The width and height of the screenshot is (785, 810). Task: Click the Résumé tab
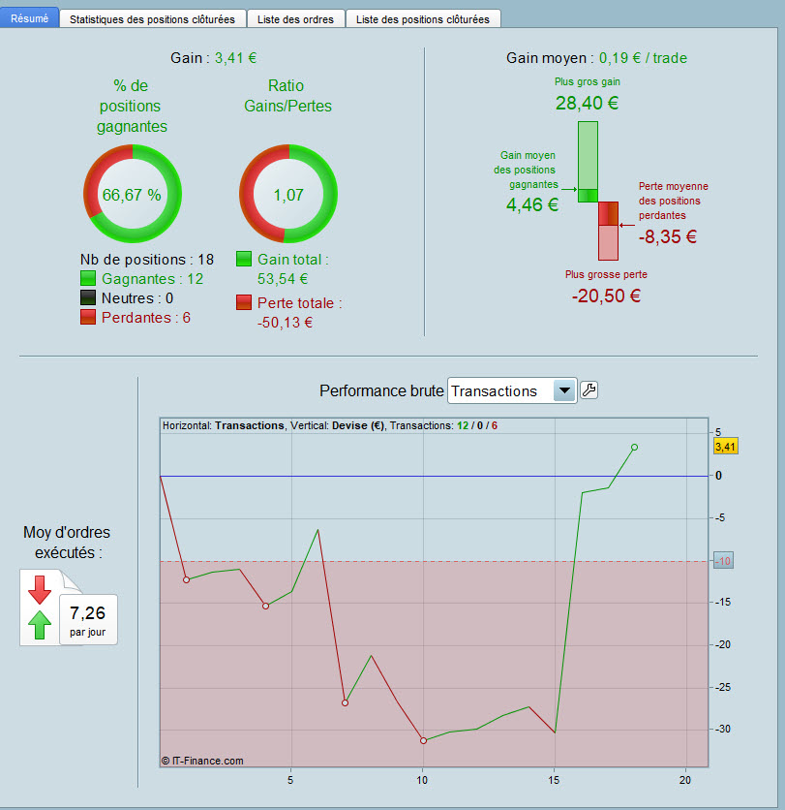(29, 18)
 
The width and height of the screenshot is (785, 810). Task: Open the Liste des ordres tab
(296, 19)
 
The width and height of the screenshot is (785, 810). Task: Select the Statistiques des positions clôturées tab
(152, 19)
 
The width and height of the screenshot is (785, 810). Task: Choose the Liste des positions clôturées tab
(423, 19)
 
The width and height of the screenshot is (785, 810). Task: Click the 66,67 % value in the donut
(132, 195)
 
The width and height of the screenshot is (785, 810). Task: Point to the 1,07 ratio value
(288, 195)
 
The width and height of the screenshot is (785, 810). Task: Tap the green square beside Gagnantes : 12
(88, 278)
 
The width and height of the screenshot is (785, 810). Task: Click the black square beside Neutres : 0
(88, 297)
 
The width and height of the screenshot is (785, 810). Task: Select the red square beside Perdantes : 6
(88, 317)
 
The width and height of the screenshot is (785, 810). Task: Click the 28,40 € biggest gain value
(587, 103)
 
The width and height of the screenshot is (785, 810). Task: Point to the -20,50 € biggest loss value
(607, 296)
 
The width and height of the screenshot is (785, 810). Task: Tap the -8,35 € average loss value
(668, 236)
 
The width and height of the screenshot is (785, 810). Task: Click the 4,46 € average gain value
(532, 204)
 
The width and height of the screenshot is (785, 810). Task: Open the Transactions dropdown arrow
(564, 390)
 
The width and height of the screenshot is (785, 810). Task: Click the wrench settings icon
(589, 390)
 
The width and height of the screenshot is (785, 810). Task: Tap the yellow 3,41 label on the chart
(726, 447)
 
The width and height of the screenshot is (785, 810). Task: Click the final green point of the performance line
(634, 448)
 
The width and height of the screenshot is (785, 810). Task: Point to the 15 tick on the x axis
(554, 780)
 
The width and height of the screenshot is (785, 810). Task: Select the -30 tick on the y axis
(723, 729)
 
